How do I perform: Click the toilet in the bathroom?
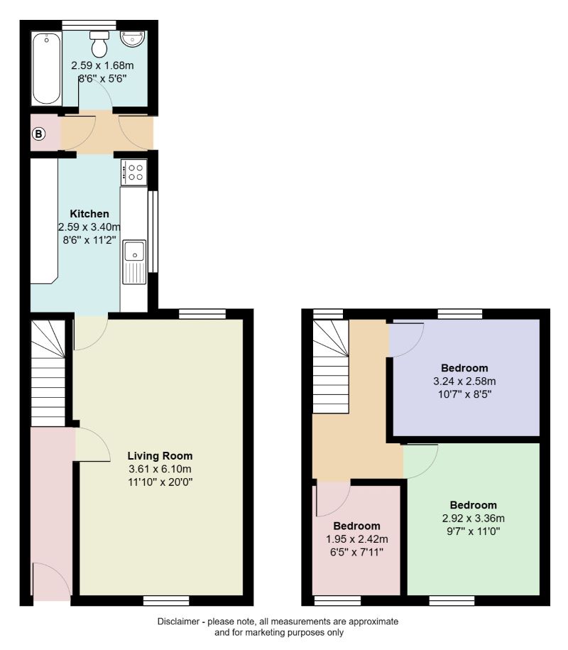(100, 44)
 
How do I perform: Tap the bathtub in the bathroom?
(46, 68)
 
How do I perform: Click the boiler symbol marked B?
(39, 134)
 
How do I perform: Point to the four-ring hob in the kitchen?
(134, 171)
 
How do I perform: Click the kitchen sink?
(133, 253)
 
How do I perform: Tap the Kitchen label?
(89, 214)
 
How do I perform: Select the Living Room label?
(160, 455)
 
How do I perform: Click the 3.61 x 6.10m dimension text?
(160, 468)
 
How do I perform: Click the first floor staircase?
(331, 366)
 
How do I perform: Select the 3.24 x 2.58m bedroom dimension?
(464, 381)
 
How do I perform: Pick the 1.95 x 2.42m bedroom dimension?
(357, 538)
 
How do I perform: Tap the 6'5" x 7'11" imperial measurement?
(357, 551)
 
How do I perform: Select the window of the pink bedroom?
(338, 601)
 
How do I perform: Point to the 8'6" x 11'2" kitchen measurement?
(89, 239)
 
